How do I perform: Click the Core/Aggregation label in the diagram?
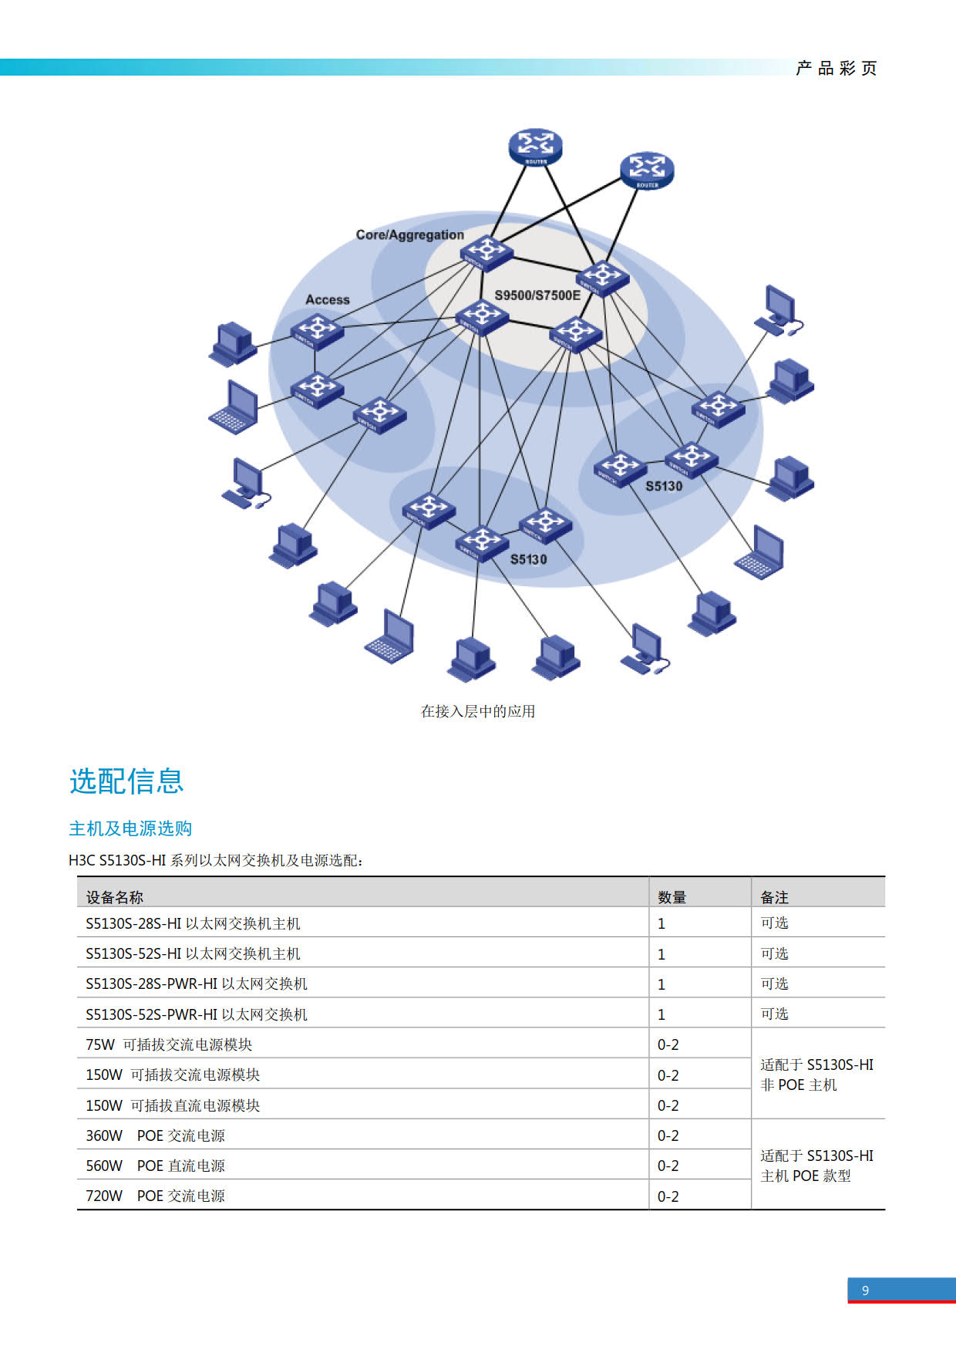(x=409, y=234)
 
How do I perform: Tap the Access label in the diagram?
(x=328, y=299)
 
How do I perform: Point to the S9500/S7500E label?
(x=537, y=295)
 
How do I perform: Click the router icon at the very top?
(x=535, y=147)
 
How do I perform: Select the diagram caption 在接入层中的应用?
(x=478, y=711)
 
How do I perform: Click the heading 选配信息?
(x=126, y=781)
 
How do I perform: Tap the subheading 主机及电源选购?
(x=130, y=828)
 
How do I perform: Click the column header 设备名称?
(x=115, y=897)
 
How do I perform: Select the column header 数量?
(x=672, y=897)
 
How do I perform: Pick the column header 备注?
(x=774, y=897)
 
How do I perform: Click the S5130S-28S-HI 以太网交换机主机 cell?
(x=193, y=923)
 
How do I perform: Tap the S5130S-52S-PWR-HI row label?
(x=197, y=1014)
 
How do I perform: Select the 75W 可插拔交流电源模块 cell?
(x=169, y=1044)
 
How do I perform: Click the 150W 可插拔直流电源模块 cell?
(x=173, y=1105)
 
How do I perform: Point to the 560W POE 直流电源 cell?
(x=155, y=1166)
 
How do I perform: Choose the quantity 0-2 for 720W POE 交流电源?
(x=668, y=1196)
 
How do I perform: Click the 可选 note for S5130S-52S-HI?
(x=774, y=953)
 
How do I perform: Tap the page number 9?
(x=866, y=1291)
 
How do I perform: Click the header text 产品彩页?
(x=836, y=68)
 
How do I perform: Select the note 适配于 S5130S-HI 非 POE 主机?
(x=817, y=1075)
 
